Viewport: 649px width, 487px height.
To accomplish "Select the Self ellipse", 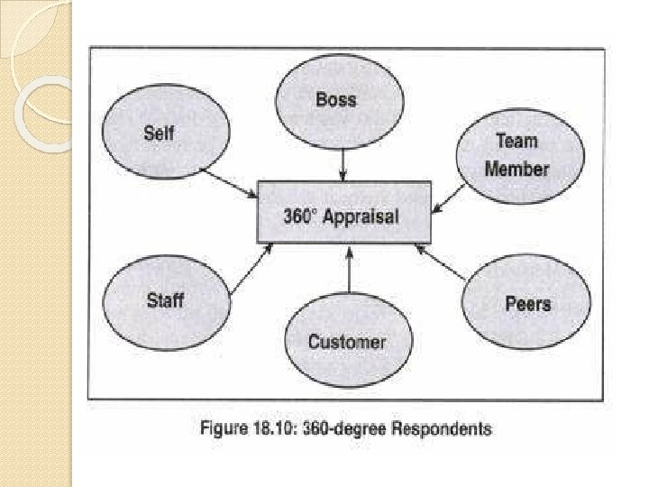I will [159, 135].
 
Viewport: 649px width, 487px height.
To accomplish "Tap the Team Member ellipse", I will [516, 154].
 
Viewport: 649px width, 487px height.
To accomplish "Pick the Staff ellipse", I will [165, 300].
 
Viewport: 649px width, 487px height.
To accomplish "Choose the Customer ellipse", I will [347, 341].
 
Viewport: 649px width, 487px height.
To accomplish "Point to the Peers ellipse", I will [527, 302].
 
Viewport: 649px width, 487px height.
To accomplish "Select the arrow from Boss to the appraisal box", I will [343, 164].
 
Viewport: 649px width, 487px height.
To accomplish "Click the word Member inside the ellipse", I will [516, 168].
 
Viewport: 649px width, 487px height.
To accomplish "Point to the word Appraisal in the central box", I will [361, 217].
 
